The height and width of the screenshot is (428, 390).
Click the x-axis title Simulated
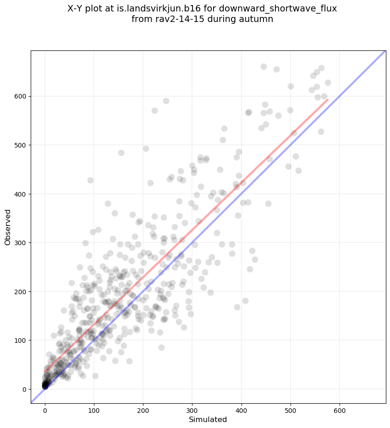[208, 420]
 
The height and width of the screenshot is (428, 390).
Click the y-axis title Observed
[8, 227]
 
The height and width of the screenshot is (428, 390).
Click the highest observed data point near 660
[264, 66]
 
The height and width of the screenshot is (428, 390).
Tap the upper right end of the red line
[327, 99]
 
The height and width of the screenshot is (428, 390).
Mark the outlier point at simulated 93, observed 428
[90, 180]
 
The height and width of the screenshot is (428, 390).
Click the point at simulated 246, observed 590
[166, 101]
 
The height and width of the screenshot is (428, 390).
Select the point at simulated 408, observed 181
[245, 301]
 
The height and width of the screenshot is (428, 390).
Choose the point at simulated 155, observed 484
[121, 153]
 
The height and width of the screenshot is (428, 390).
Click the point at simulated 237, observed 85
[161, 347]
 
